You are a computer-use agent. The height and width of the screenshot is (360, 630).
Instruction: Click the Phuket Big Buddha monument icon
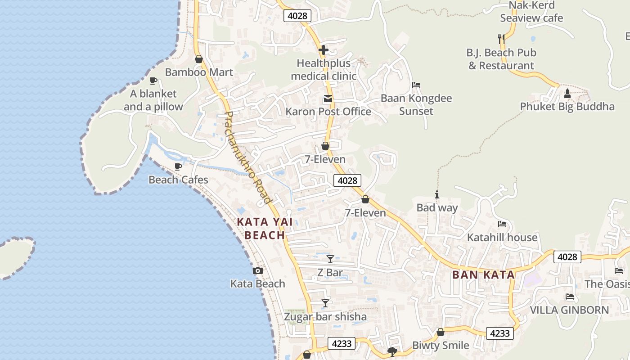point(567,94)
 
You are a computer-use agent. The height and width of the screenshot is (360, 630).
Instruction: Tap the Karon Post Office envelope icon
point(328,99)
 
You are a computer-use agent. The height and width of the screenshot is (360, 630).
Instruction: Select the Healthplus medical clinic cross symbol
point(323,50)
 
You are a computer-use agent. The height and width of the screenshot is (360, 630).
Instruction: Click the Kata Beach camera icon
point(258,270)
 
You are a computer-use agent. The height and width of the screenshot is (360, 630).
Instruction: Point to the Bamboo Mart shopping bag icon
point(198,59)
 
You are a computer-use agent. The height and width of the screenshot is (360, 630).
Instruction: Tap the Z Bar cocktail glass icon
point(330,259)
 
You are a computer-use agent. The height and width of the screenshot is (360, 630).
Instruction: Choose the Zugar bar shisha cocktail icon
point(325,303)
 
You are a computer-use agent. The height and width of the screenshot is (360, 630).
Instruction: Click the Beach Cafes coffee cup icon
point(178,166)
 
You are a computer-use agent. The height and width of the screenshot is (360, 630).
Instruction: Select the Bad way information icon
point(436,194)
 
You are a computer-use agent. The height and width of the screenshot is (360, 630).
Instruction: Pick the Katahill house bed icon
point(502,224)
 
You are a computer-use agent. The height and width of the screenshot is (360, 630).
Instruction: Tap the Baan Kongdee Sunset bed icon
point(416,85)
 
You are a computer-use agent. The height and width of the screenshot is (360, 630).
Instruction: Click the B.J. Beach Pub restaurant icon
point(501,39)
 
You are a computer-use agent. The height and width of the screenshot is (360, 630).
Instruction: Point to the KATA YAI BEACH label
point(265,228)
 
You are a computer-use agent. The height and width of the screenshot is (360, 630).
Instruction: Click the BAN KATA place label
point(483,274)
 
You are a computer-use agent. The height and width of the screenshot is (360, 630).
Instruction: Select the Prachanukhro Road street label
point(248,157)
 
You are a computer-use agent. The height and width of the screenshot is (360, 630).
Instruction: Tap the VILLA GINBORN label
point(569,310)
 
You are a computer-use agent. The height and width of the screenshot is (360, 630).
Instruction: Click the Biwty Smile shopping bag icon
point(441,332)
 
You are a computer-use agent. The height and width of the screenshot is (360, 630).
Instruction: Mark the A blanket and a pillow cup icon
point(153,81)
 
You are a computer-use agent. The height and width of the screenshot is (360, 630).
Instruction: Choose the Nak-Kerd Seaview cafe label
point(531,12)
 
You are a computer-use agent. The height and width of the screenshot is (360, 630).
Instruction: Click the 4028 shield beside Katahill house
point(567,256)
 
